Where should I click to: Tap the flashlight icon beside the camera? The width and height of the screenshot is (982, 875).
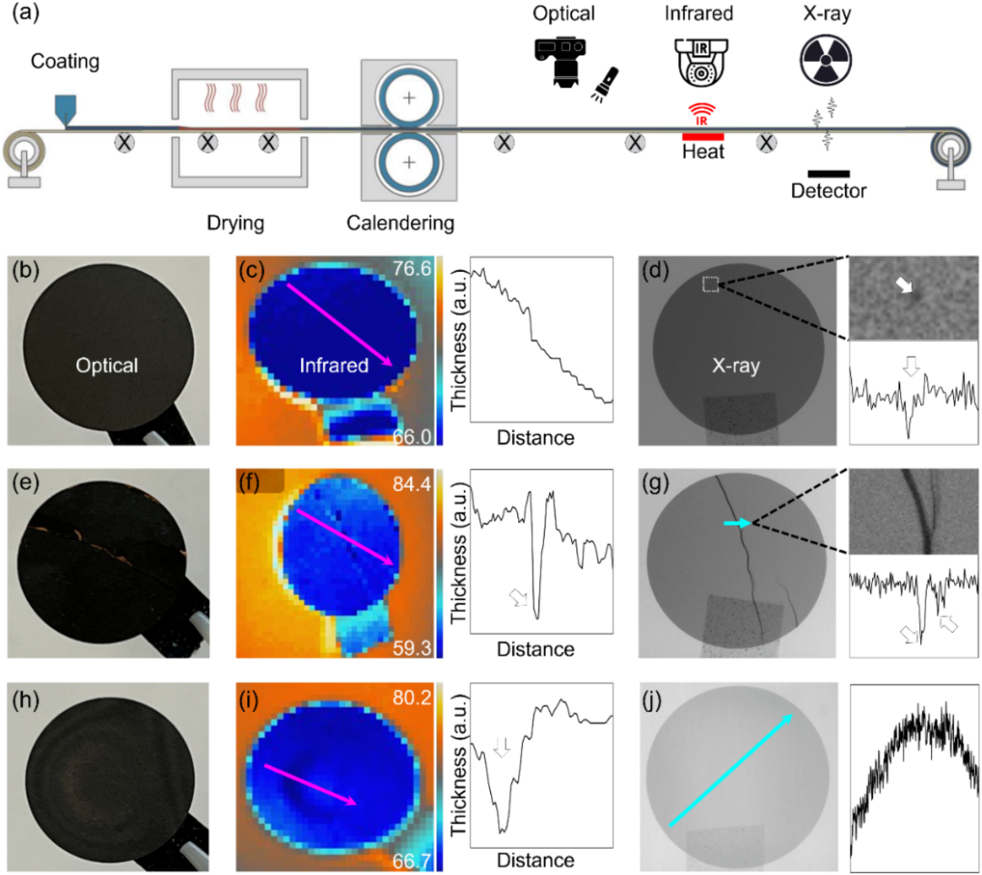click(x=605, y=84)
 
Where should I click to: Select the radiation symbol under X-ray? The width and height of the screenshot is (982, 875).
click(x=826, y=60)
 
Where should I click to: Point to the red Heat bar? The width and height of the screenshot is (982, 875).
click(x=703, y=136)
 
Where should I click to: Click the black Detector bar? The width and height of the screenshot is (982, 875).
click(x=828, y=174)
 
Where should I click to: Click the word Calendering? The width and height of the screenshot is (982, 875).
click(x=400, y=223)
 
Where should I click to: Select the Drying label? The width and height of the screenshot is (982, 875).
click(x=235, y=223)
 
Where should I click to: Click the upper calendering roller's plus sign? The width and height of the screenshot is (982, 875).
click(x=409, y=98)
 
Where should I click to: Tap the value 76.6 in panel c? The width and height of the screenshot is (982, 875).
click(x=412, y=268)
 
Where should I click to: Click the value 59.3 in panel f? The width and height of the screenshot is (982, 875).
click(x=412, y=647)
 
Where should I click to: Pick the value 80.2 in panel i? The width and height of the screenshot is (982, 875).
click(x=412, y=697)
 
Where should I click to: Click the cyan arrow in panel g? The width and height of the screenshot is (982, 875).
click(x=737, y=523)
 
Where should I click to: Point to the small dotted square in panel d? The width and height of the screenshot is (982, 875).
click(x=710, y=285)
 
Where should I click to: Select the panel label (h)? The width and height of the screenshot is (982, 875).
click(x=25, y=699)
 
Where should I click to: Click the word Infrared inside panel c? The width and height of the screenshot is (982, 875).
click(x=334, y=365)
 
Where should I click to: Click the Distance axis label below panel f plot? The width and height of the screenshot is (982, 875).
click(x=536, y=649)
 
